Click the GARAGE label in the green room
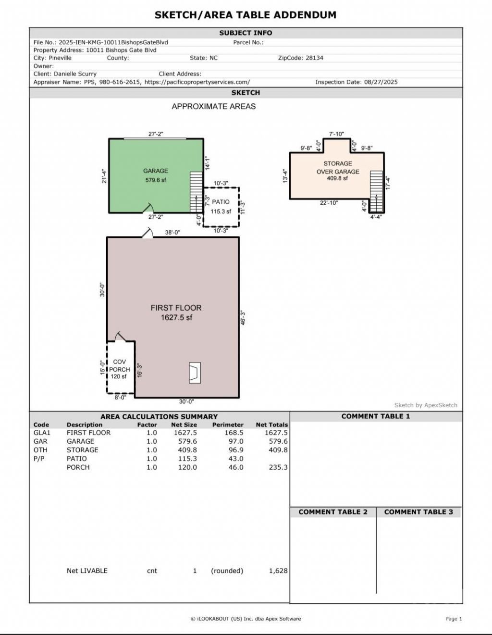(x=155, y=171)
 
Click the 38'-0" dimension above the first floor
(x=172, y=232)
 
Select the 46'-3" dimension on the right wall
(x=243, y=318)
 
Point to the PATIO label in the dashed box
(x=221, y=202)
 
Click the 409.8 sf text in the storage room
(x=337, y=178)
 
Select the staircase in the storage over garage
(x=377, y=191)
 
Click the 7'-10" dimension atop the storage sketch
(x=336, y=134)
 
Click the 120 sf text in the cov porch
(x=119, y=376)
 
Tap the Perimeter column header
(x=228, y=425)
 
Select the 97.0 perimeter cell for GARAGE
(x=236, y=441)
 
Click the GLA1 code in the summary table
(x=42, y=433)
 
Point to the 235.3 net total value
(x=278, y=467)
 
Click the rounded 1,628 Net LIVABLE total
(x=278, y=571)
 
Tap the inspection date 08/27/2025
(x=381, y=82)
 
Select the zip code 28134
(x=314, y=58)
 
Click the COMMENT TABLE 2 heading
(x=333, y=512)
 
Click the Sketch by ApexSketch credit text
(x=426, y=405)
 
